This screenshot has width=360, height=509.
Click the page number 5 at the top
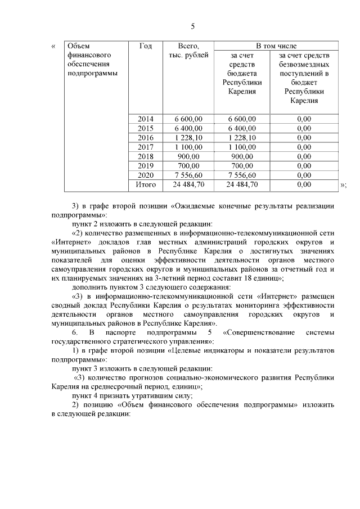point(192,26)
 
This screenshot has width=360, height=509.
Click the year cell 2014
point(145,119)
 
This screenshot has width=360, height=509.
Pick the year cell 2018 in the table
point(145,156)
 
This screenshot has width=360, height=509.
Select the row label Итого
point(145,184)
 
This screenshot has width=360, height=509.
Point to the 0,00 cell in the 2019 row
point(304,165)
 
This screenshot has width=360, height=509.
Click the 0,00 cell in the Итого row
point(304,184)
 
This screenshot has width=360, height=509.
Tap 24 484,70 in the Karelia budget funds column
point(242,184)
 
